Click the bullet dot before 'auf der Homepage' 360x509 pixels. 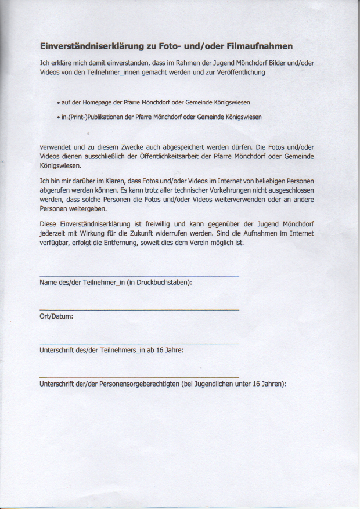59,103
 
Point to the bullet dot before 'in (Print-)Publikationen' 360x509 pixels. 59,117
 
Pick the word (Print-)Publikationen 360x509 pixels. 96,117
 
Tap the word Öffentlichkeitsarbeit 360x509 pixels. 160,156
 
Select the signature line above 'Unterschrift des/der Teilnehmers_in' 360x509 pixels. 139,344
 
